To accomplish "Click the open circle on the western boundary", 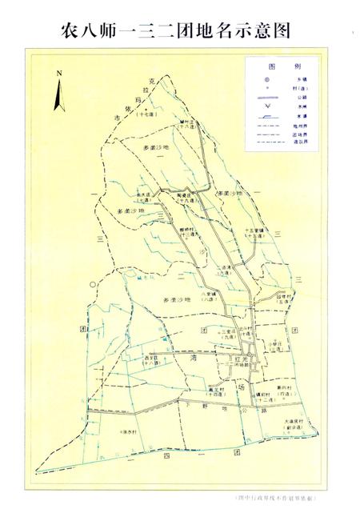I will (94, 283).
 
